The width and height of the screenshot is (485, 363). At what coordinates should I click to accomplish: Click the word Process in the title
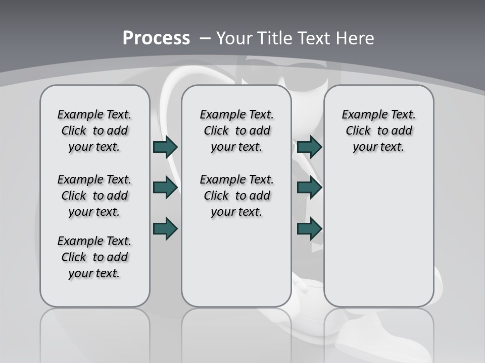tap(156, 38)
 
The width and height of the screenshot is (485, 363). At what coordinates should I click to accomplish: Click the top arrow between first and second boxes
tap(165, 147)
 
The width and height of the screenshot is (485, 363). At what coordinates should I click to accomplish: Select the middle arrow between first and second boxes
tap(165, 188)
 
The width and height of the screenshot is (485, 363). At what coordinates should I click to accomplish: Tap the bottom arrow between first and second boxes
tap(165, 228)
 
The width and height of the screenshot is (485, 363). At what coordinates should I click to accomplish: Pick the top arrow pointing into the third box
tap(310, 147)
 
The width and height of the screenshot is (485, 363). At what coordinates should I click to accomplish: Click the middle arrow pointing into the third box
tap(310, 188)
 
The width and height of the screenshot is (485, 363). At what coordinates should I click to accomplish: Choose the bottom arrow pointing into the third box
tap(310, 228)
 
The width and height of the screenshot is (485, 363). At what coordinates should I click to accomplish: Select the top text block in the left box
tap(94, 131)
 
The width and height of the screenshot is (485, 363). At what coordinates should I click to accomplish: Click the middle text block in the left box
tap(94, 196)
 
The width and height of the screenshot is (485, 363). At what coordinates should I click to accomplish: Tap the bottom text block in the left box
tap(94, 257)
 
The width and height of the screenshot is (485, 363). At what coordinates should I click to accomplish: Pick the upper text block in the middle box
tap(236, 131)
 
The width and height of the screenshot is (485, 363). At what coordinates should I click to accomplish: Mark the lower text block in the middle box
tap(236, 196)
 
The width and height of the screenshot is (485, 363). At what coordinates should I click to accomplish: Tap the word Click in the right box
tap(358, 131)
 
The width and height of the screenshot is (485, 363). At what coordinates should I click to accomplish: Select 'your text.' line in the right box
tap(378, 147)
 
